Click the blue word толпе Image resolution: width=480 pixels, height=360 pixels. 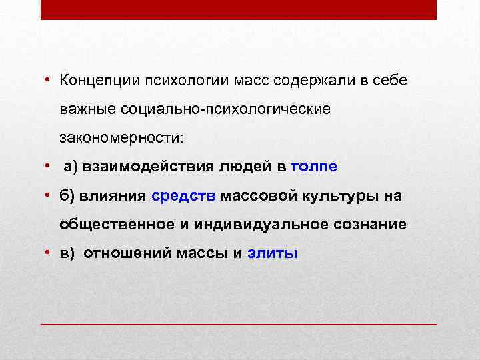coord(315,167)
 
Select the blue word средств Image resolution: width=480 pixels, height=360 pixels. coord(184,196)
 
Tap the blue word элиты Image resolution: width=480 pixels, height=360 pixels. coord(273,253)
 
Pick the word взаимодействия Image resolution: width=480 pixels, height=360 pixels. coord(141,167)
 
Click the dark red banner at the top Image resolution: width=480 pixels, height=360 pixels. coord(239,10)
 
